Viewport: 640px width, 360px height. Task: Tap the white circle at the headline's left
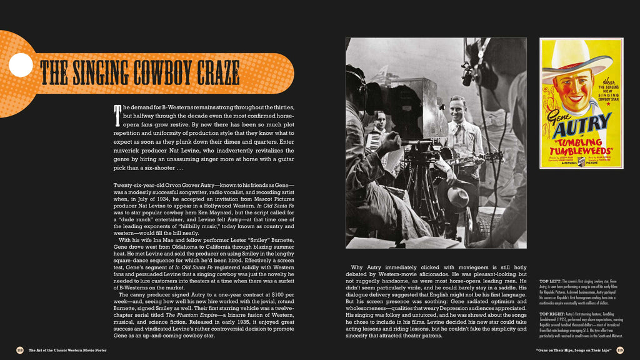(21, 65)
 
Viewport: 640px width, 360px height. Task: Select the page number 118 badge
(20, 349)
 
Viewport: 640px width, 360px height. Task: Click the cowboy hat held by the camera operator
(457, 196)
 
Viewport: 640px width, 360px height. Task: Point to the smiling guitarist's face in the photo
(458, 107)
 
